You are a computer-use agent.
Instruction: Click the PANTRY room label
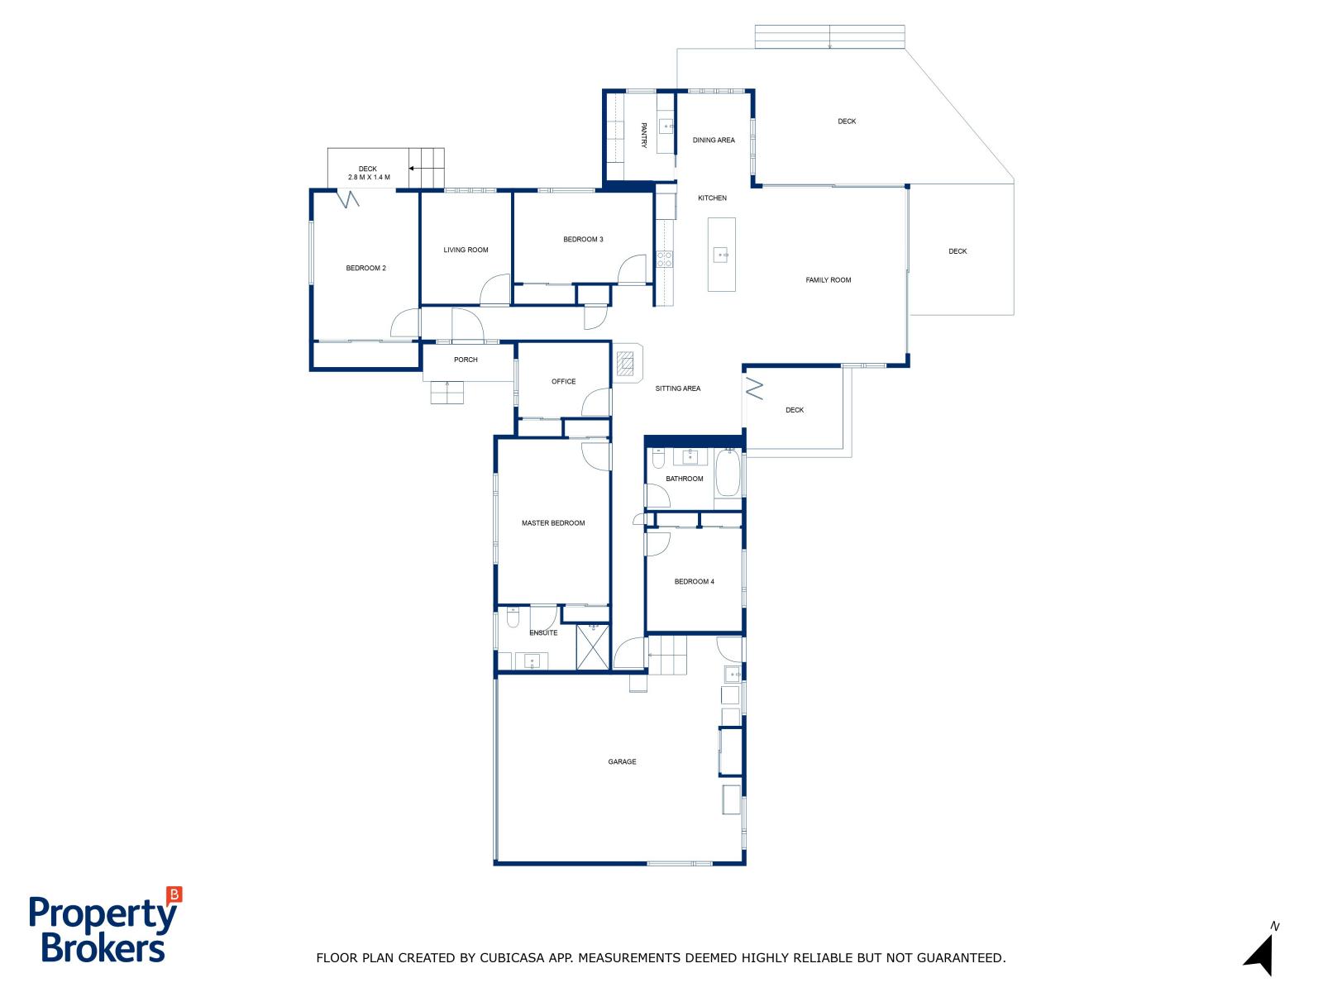(643, 135)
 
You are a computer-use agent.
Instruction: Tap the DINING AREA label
(714, 141)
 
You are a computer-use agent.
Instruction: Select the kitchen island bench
(722, 255)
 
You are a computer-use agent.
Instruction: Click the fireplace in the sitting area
(626, 364)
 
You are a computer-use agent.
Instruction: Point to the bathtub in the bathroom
(728, 473)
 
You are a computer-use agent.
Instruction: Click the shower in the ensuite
(593, 647)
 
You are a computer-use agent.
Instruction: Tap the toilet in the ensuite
(513, 618)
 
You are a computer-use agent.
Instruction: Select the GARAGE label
(622, 762)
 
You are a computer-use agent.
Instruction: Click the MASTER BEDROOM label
(553, 523)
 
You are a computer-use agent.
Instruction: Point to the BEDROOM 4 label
(695, 582)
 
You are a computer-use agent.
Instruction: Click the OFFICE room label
(564, 382)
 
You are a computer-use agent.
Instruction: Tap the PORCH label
(466, 360)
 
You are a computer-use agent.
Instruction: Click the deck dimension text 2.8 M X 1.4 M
(369, 178)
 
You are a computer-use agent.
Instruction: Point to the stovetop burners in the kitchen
(664, 260)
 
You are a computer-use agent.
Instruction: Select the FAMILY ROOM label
(829, 280)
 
